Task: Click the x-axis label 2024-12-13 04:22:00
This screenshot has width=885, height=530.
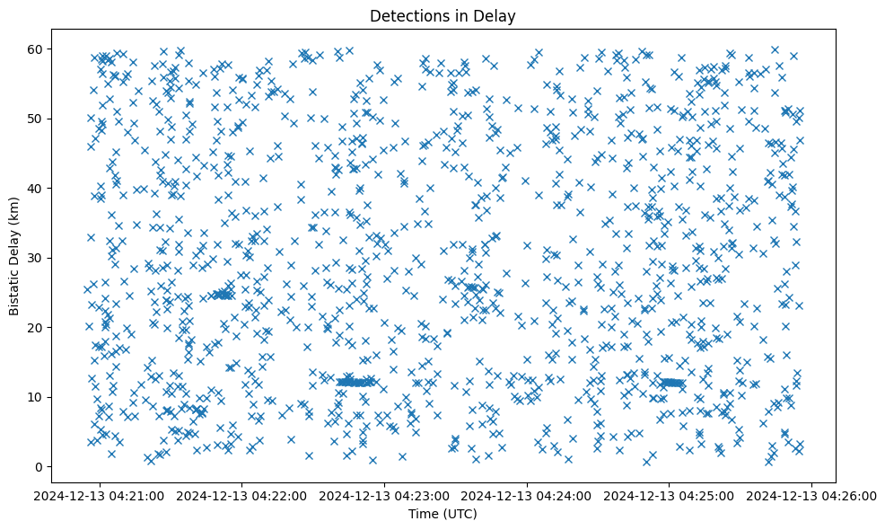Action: coord(242,495)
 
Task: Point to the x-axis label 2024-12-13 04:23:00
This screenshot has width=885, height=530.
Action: coord(385,495)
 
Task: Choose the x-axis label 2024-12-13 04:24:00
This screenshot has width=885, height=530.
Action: coord(527,495)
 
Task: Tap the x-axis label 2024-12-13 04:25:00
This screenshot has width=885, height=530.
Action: coord(670,495)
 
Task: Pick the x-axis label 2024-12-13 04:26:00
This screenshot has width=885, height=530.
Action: coord(811,495)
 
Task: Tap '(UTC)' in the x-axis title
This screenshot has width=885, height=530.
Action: coord(462,515)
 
